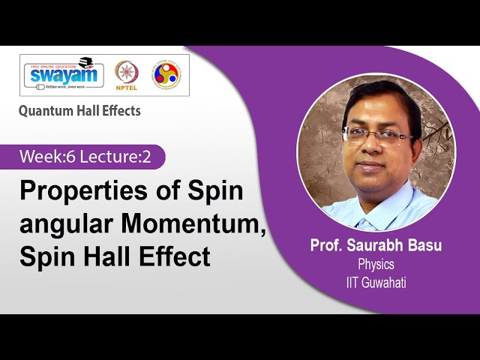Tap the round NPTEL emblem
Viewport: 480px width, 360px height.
(x=126, y=73)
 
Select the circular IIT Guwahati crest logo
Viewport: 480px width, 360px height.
(x=165, y=74)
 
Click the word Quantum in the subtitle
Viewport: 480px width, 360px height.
(x=45, y=111)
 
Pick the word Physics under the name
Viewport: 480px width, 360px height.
(x=376, y=264)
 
